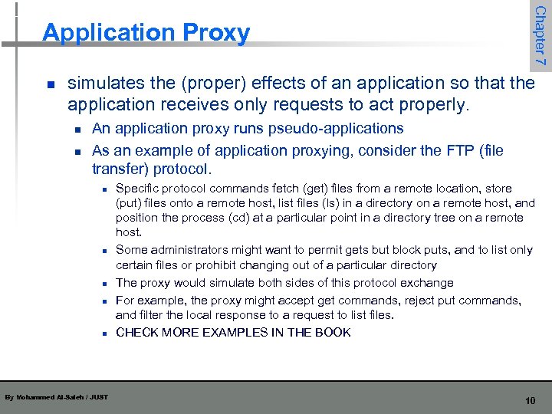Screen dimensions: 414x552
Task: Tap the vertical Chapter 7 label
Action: tap(540, 34)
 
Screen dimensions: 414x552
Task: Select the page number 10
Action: tap(530, 401)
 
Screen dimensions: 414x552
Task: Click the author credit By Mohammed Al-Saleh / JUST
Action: tap(56, 397)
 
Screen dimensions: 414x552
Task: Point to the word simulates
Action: tap(105, 83)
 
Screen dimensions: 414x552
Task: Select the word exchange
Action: tap(426, 283)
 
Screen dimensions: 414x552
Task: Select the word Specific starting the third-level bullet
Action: tap(137, 189)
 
